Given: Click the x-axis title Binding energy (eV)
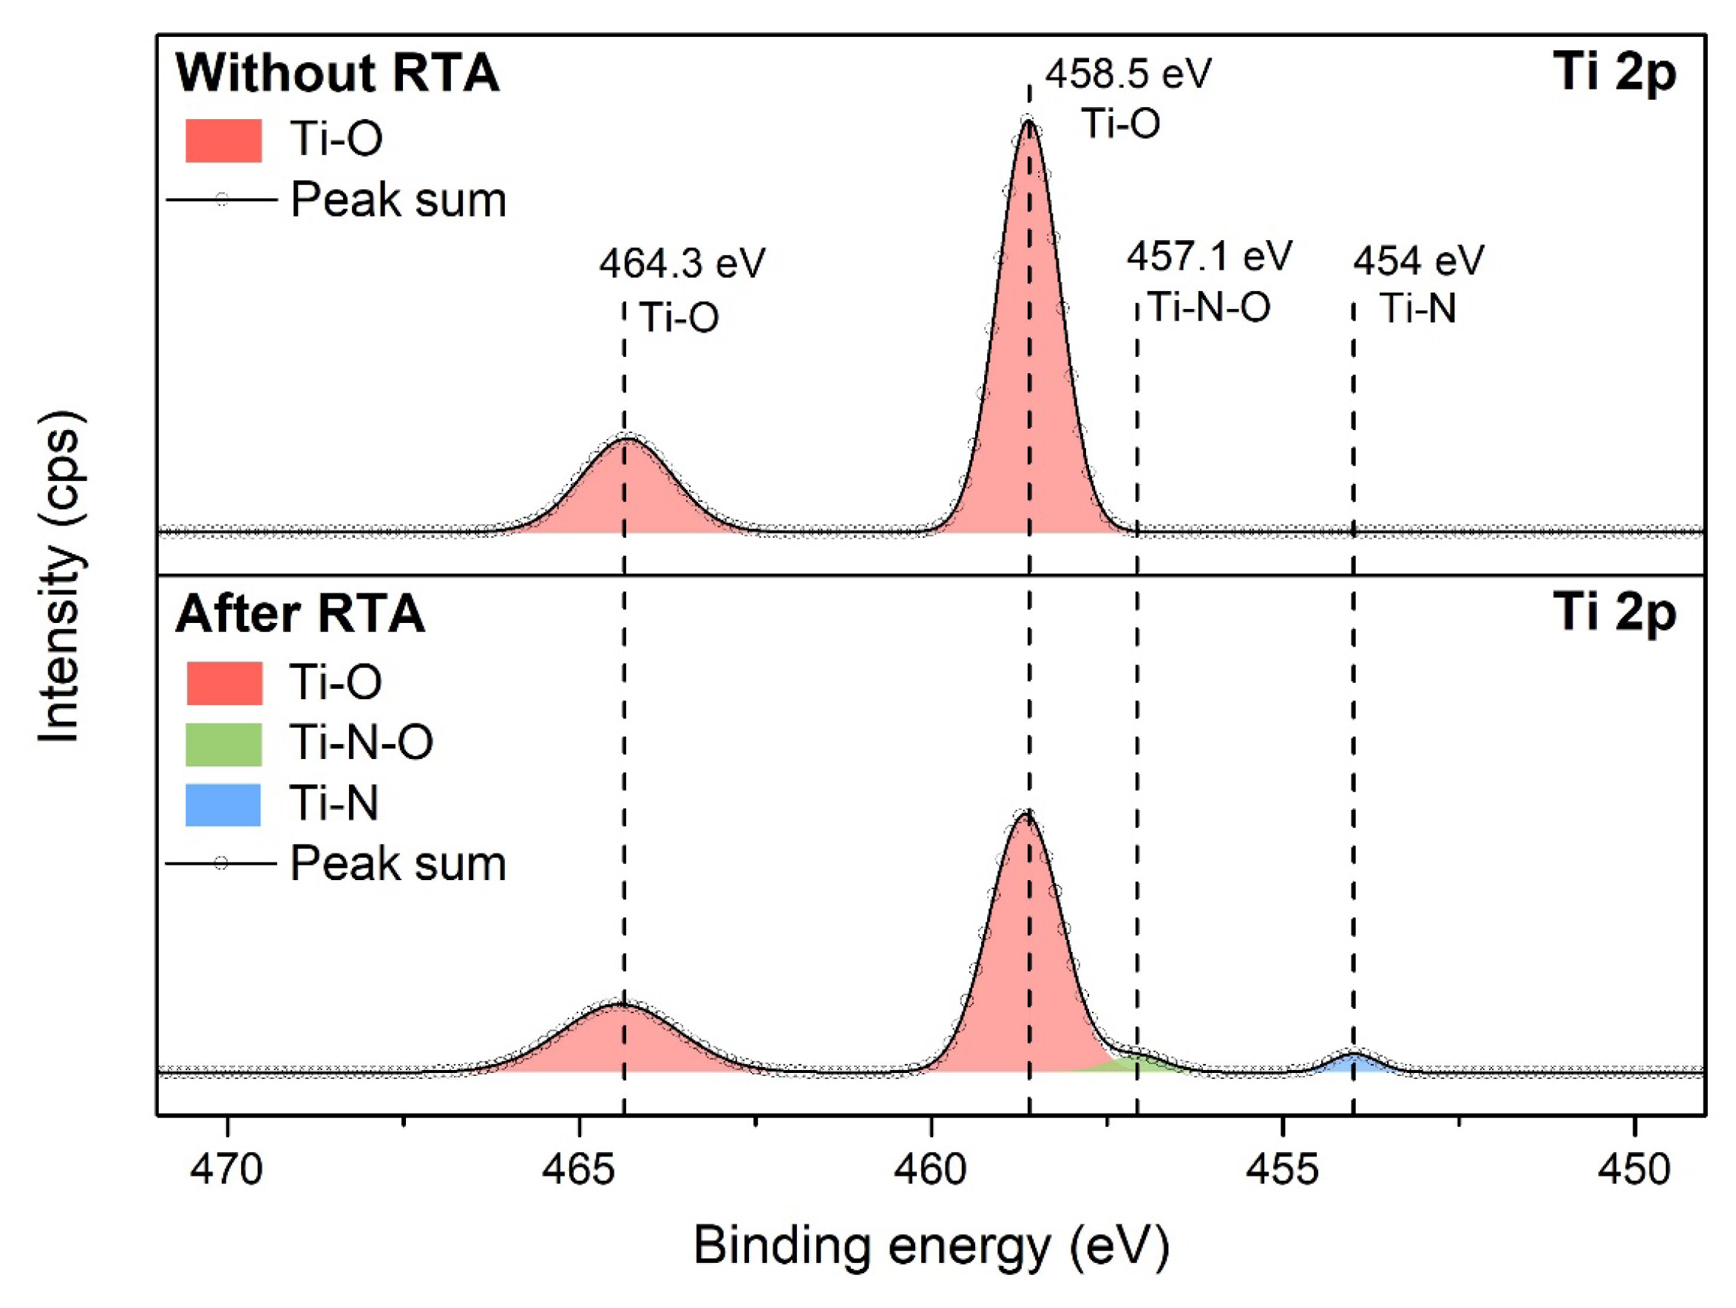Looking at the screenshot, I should pos(931,1246).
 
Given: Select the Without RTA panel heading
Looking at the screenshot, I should pos(336,74).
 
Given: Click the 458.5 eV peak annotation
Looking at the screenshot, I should pos(1128,75).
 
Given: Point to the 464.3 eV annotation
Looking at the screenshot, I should pos(681,264).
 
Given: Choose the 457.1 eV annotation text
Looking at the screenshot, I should pos(1210,256).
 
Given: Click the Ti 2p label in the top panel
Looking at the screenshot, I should pos(1614,74).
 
